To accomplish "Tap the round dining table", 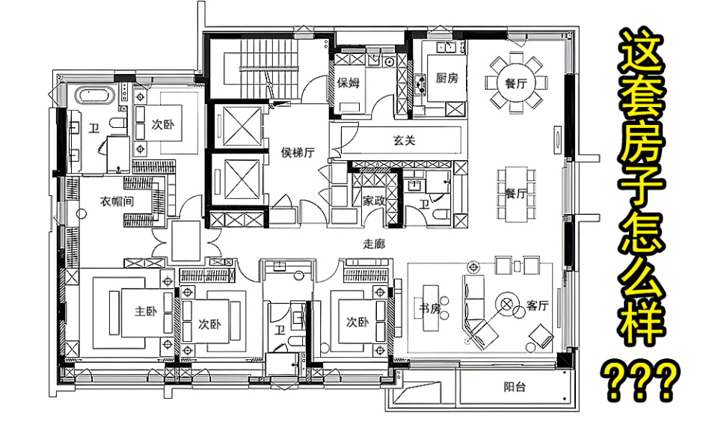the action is (516, 83).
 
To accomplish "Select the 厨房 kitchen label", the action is (447, 78).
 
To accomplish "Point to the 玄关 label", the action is (404, 140).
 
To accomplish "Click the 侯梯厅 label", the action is (298, 152).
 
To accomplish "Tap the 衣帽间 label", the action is (117, 201).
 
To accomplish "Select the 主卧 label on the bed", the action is (146, 311).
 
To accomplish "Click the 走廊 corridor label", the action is (374, 244).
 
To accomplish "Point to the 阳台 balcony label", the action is (515, 387).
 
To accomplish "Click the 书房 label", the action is (430, 309).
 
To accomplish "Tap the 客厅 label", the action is (538, 305).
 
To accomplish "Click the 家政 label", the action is (374, 201).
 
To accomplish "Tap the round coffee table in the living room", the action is (506, 304).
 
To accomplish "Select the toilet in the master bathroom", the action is (117, 123).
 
